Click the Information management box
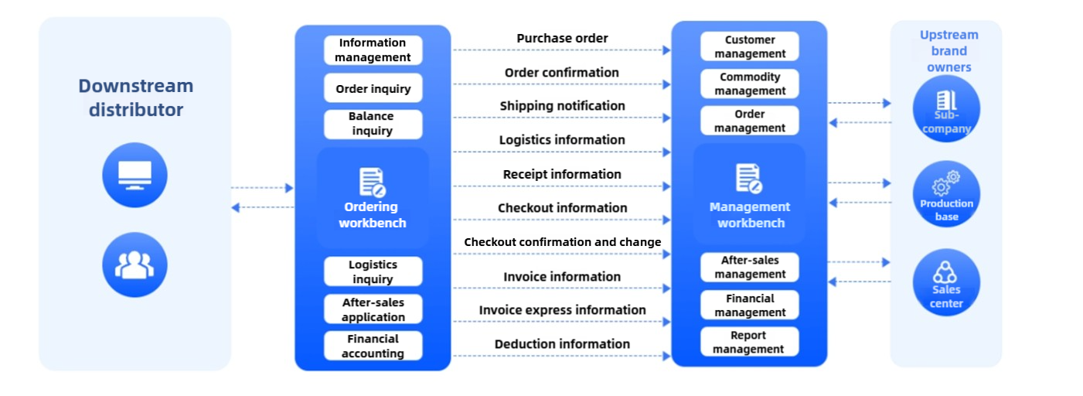pos(373,50)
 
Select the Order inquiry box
pos(373,88)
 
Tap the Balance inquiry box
pos(373,124)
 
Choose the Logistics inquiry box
pos(373,271)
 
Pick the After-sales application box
pos(373,309)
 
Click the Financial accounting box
pos(373,346)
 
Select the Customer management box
pos(749,46)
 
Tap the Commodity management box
pos(749,84)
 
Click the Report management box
pos(749,342)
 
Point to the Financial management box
pos(749,305)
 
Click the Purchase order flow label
pos(562,38)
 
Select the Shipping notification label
pos(562,106)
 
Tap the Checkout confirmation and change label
pos(562,242)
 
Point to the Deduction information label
pos(562,344)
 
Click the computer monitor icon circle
pos(135,175)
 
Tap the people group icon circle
pos(135,265)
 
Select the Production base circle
pos(945,194)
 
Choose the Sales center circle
pos(945,282)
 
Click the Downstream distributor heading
pos(135,97)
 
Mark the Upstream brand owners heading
pos(948,51)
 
